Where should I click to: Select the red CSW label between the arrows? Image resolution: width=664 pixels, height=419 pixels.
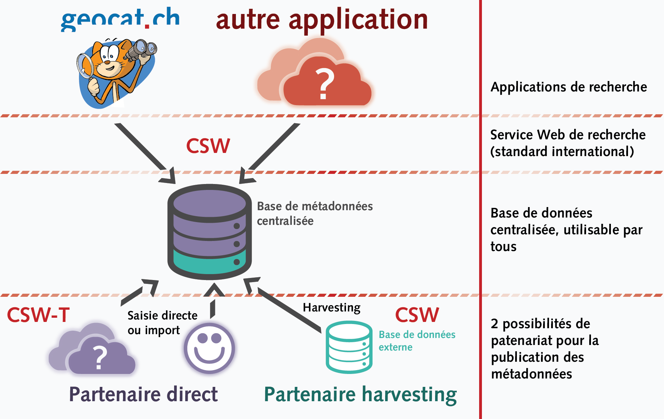click(x=208, y=146)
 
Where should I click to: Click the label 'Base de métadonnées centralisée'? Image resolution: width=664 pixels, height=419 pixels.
click(x=315, y=213)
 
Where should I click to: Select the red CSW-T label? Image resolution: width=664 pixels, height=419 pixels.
click(x=38, y=315)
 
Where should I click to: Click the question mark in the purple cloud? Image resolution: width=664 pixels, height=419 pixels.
click(x=100, y=357)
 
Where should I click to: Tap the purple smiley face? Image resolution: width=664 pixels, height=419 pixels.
click(x=209, y=348)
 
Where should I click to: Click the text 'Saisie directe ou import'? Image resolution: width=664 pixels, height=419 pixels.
click(x=162, y=323)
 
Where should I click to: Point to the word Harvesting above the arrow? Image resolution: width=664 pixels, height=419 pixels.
click(x=331, y=307)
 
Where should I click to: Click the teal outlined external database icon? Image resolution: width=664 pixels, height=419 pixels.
click(x=349, y=347)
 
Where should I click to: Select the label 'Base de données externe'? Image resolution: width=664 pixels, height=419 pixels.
click(x=417, y=340)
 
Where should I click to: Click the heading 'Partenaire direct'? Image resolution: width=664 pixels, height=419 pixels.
click(x=143, y=394)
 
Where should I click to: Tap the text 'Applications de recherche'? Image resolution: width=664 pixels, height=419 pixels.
click(x=569, y=87)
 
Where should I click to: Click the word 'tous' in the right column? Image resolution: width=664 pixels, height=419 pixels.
click(x=503, y=247)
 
